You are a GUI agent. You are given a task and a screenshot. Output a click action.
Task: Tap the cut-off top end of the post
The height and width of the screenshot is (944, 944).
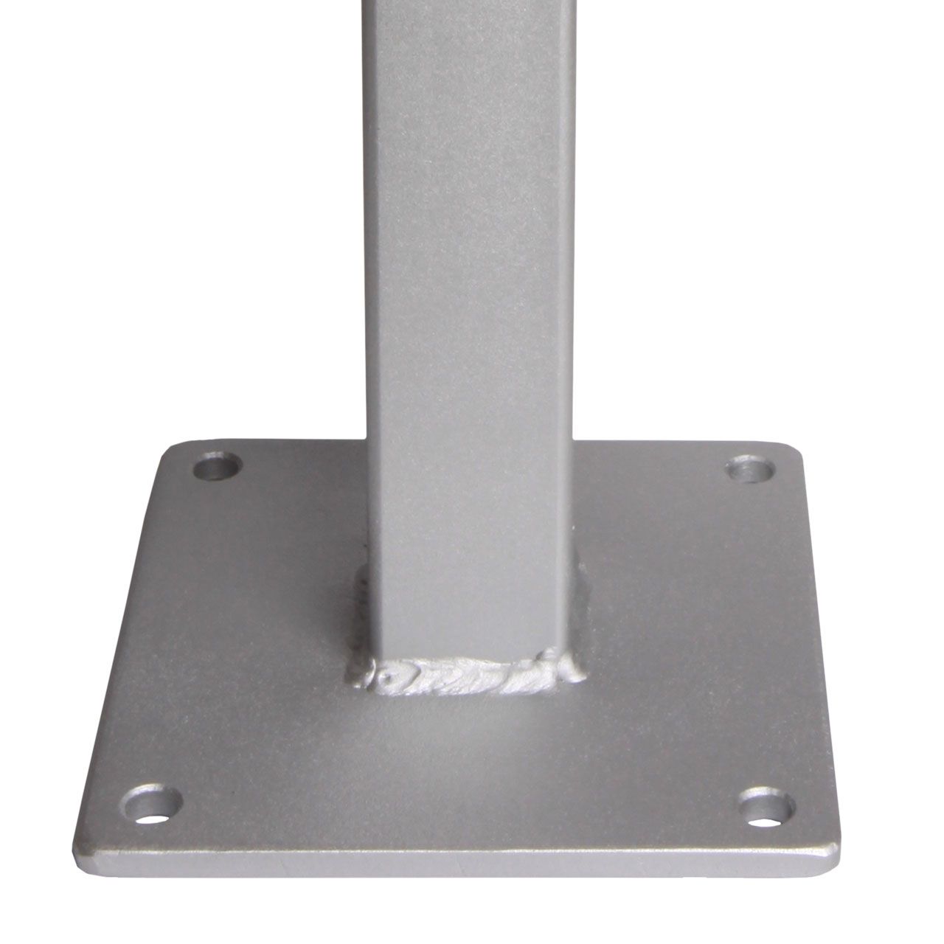tap(472, 3)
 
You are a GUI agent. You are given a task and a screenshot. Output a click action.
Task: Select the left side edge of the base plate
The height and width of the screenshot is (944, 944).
tap(118, 649)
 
